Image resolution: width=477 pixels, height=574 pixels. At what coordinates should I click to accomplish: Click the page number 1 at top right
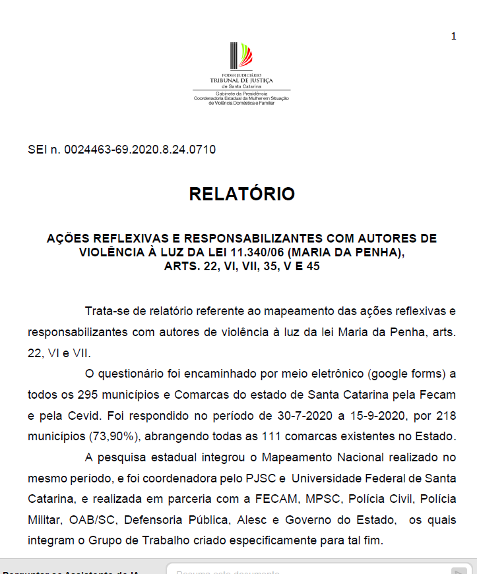pos(453,36)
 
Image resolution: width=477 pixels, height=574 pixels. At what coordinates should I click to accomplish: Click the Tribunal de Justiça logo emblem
pos(241,57)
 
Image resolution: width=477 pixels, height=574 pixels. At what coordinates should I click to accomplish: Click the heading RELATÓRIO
pos(241,194)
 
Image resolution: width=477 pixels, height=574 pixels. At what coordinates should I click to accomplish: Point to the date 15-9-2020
pos(381,416)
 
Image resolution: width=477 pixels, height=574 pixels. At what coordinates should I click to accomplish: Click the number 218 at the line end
pos(446,416)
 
